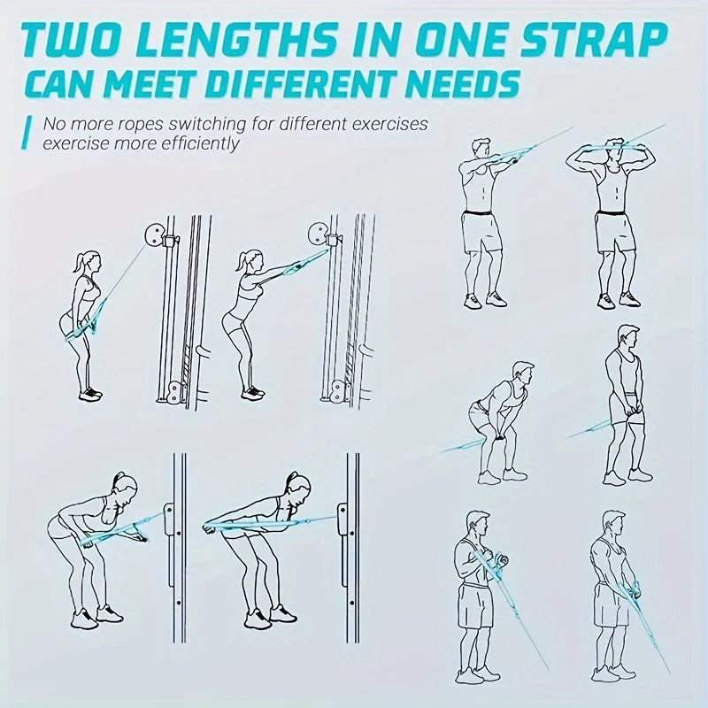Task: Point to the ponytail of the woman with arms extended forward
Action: (x=240, y=262)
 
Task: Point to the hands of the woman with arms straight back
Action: (x=209, y=527)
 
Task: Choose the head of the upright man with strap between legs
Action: (x=627, y=339)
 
